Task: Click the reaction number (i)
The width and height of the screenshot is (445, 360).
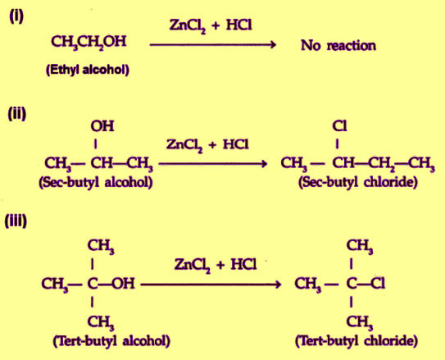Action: [16, 17]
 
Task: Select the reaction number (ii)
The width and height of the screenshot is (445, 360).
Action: [17, 114]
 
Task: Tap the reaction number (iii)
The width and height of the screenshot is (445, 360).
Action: [16, 221]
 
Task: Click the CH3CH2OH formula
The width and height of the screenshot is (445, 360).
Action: [89, 42]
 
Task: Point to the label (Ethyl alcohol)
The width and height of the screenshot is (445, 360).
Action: [88, 70]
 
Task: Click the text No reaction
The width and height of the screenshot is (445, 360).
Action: [338, 45]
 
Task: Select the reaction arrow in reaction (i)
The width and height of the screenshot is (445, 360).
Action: [213, 44]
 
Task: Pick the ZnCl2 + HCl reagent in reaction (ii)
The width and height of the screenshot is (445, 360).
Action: [207, 145]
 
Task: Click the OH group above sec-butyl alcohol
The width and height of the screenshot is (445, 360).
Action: [102, 126]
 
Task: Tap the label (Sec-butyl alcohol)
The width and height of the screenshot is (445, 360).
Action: [96, 182]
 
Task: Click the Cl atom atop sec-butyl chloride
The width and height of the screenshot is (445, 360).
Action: [339, 125]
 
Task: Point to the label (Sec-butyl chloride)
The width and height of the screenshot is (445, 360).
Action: [358, 182]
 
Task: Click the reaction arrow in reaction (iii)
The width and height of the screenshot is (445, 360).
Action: [211, 285]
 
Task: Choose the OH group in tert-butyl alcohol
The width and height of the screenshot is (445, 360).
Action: [123, 284]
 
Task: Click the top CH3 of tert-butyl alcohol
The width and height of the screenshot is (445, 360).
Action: [101, 246]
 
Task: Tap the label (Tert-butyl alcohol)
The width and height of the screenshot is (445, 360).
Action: [111, 340]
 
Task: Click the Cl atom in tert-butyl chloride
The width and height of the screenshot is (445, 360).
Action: [378, 284]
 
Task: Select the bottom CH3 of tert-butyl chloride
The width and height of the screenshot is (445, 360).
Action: [360, 323]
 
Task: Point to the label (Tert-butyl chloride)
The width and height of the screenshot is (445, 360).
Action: [356, 340]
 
